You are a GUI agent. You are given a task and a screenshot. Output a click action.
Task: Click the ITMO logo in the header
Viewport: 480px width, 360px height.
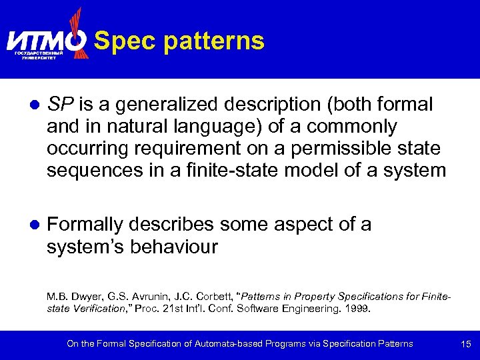pos(47,40)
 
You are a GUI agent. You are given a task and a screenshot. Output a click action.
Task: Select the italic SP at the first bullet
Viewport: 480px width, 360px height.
pos(60,104)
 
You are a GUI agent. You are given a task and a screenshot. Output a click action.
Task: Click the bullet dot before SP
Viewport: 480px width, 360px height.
pos(33,106)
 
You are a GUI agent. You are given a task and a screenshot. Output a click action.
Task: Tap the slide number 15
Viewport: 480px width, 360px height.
pos(465,344)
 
